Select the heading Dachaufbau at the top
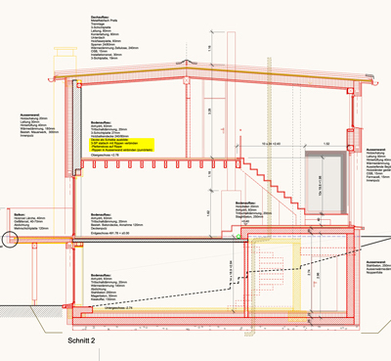[x=99, y=19]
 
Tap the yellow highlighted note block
[x=117, y=143]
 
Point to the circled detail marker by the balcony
[x=8, y=238]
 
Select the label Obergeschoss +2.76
[x=105, y=155]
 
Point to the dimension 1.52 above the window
[x=325, y=143]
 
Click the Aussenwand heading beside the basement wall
[x=374, y=261]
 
